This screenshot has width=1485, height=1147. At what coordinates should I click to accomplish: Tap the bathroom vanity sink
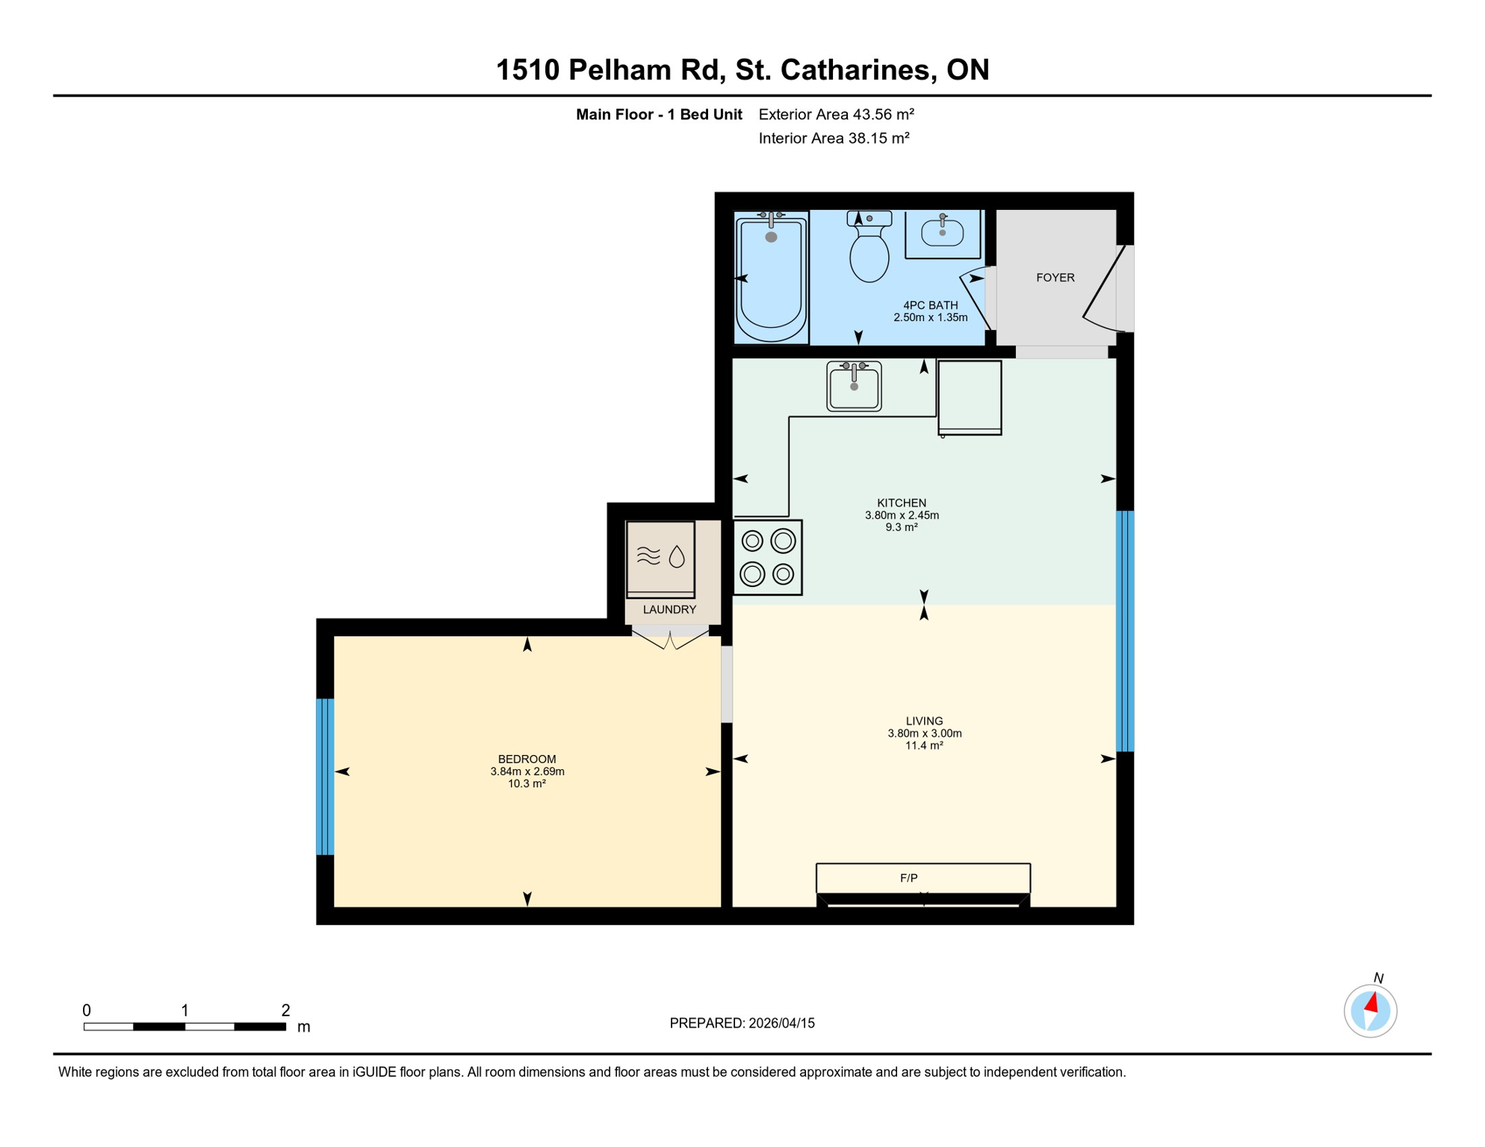(942, 232)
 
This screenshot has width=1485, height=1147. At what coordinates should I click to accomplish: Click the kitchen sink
(854, 386)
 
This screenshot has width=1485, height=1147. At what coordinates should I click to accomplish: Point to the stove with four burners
(767, 558)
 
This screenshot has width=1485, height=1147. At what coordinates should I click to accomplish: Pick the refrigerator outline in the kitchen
(970, 397)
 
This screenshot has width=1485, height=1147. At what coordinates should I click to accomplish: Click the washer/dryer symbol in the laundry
(660, 559)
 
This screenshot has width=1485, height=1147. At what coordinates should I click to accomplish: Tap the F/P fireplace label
(908, 878)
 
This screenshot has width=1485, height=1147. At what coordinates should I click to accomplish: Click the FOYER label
(1055, 278)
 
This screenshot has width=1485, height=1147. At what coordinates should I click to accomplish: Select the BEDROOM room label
(527, 759)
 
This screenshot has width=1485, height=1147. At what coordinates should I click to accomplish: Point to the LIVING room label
(924, 721)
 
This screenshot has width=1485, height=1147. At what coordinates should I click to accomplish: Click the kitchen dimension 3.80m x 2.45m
(902, 515)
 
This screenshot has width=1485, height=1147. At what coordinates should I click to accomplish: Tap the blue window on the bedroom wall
(325, 777)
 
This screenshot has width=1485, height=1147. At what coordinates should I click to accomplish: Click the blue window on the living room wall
(1125, 631)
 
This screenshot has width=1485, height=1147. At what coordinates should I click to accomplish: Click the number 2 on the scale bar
(285, 1010)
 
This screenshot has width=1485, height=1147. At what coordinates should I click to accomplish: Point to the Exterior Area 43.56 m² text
(836, 114)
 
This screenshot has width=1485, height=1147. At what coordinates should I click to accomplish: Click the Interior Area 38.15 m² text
(834, 138)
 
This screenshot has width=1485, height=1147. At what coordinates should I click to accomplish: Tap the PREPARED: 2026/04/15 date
(742, 1023)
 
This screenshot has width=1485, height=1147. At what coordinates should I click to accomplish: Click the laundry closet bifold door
(670, 640)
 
